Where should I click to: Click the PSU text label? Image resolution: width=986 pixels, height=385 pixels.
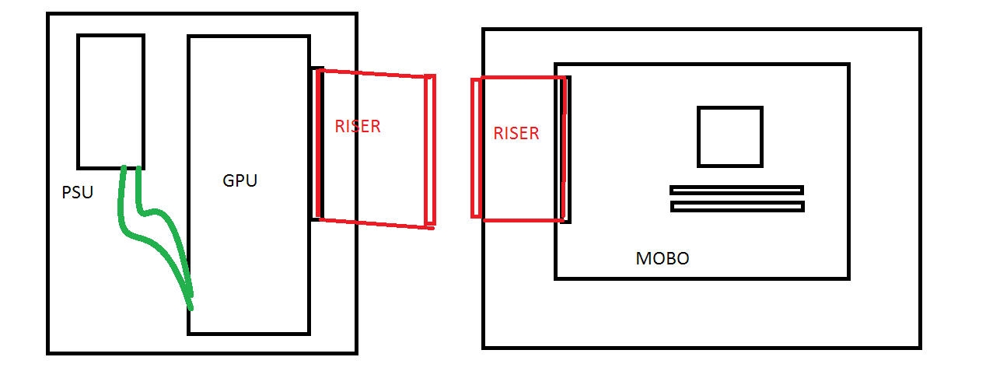(x=78, y=193)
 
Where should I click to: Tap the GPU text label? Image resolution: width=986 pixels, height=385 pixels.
(x=240, y=180)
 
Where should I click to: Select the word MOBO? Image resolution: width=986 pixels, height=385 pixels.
(x=663, y=258)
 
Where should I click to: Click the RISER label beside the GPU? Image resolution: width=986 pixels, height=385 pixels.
(x=358, y=127)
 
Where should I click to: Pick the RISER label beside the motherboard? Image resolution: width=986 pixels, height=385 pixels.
(x=516, y=134)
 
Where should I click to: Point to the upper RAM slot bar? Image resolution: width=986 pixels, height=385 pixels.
(x=737, y=191)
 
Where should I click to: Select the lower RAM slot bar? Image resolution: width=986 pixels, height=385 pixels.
(x=737, y=206)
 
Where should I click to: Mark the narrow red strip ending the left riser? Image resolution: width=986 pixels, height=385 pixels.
(x=430, y=151)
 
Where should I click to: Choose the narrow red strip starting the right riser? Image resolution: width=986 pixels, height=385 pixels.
(x=476, y=148)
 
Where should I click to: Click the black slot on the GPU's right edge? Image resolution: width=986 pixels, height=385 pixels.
(x=317, y=144)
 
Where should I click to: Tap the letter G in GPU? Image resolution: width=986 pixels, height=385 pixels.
(x=229, y=180)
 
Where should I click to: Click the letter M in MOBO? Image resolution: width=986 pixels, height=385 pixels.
(x=643, y=258)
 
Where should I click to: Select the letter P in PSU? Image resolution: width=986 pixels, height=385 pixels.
(x=66, y=193)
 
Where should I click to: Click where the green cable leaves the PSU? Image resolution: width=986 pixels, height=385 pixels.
(x=131, y=168)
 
